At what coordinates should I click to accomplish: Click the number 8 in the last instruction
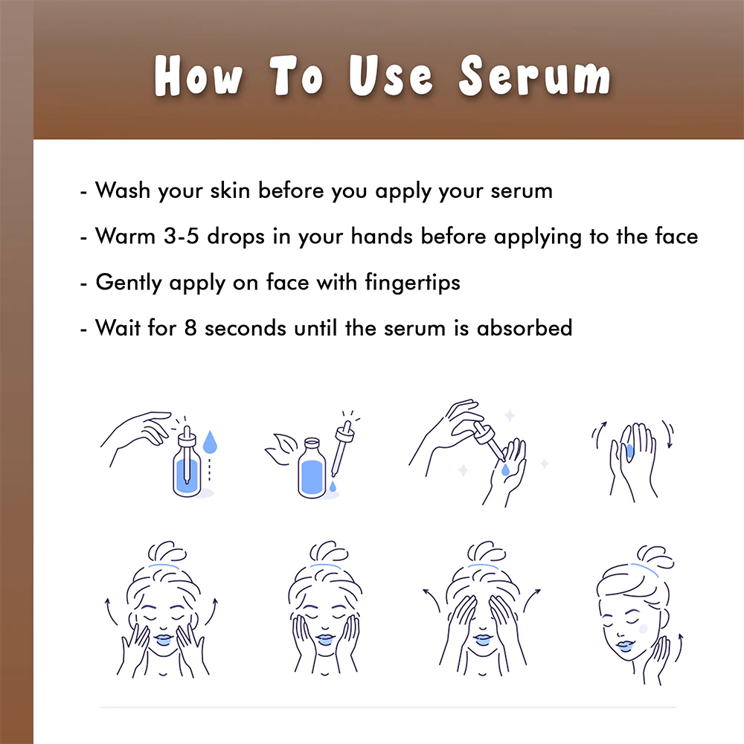pyautogui.click(x=190, y=327)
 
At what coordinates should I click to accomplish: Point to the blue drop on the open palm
pyautogui.click(x=506, y=469)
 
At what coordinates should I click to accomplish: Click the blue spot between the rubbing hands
pyautogui.click(x=629, y=450)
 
